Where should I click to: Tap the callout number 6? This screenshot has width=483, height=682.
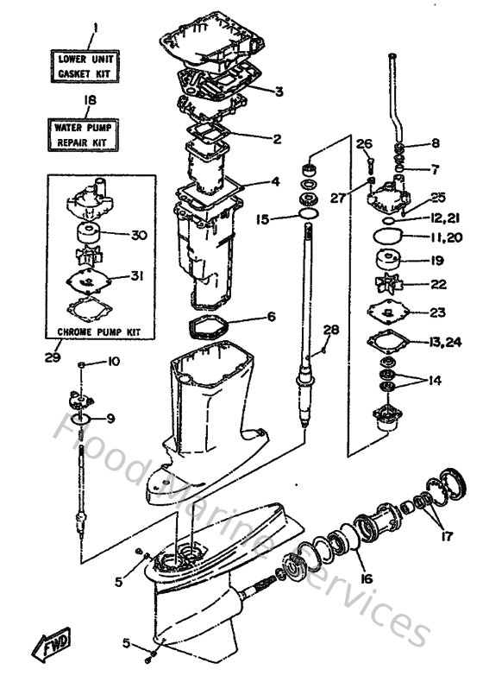tap(270, 317)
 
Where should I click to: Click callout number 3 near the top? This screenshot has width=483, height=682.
tap(278, 92)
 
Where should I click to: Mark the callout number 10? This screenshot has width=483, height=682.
tap(114, 363)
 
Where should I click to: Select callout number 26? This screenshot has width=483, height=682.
tap(362, 143)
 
